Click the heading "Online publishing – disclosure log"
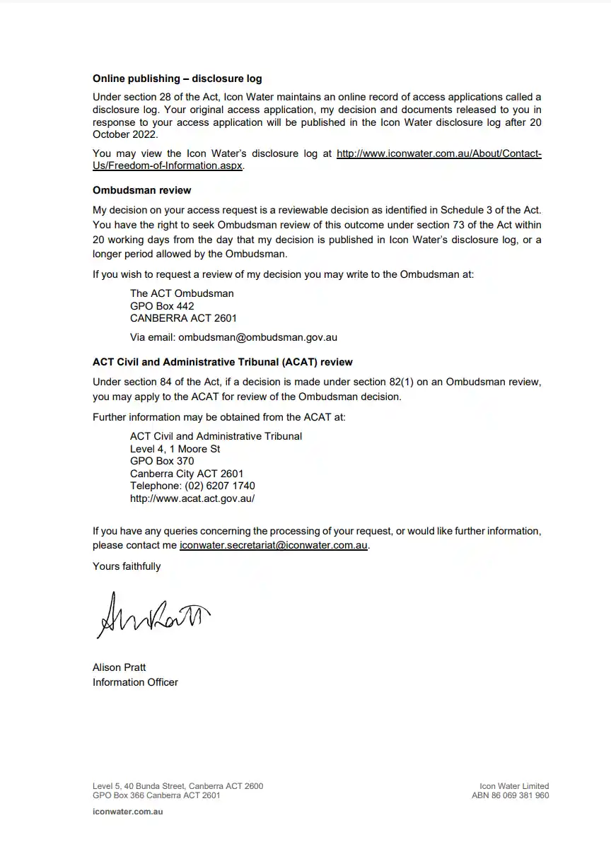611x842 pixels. (x=177, y=78)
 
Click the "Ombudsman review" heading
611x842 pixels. (x=141, y=190)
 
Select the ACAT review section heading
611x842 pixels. (x=222, y=362)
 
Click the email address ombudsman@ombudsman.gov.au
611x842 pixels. (x=257, y=337)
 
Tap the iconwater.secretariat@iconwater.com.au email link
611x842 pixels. (x=274, y=546)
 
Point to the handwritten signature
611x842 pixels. (x=153, y=613)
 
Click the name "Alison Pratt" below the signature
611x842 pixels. (x=119, y=667)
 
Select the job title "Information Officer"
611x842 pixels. (x=135, y=682)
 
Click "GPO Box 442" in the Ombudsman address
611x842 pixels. (x=162, y=306)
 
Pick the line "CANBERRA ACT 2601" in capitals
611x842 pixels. (x=183, y=318)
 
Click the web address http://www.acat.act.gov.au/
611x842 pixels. (x=192, y=498)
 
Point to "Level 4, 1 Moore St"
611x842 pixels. (x=175, y=449)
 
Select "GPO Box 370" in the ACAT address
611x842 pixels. (x=162, y=461)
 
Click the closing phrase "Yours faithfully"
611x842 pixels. (x=127, y=566)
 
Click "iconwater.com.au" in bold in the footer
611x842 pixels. (x=127, y=812)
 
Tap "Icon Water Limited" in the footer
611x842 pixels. (x=513, y=786)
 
